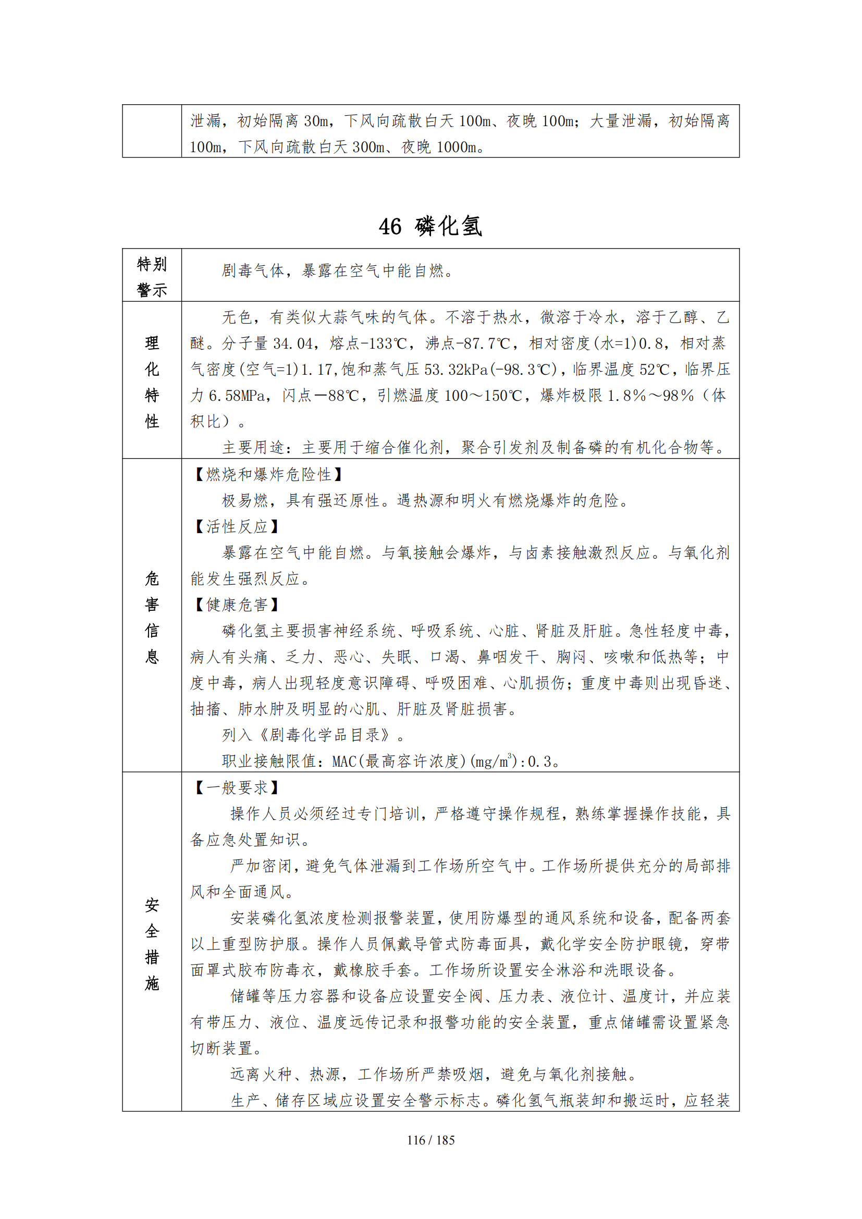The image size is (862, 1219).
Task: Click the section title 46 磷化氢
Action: pyautogui.click(x=430, y=226)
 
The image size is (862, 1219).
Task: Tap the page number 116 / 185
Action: pyautogui.click(x=430, y=1140)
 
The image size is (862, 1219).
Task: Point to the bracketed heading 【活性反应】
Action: pyautogui.click(x=237, y=527)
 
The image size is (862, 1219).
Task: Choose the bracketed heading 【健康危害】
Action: pyautogui.click(x=237, y=605)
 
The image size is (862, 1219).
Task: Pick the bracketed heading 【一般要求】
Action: pyautogui.click(x=237, y=787)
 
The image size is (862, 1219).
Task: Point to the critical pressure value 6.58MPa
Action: pyautogui.click(x=237, y=396)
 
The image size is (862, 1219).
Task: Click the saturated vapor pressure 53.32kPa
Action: pyautogui.click(x=451, y=370)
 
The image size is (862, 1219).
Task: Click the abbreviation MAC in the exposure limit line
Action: pyautogui.click(x=344, y=761)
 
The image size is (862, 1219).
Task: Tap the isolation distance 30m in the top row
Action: pyautogui.click(x=316, y=121)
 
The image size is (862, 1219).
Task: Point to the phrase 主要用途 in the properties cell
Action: pyautogui.click(x=254, y=448)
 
